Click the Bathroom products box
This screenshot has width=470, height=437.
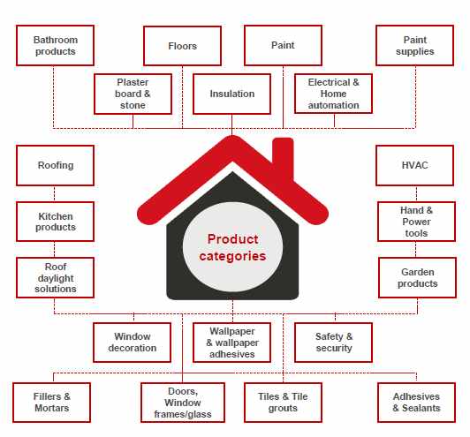point(55,46)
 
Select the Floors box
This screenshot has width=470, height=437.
point(182,46)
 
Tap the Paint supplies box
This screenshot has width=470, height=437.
point(415,46)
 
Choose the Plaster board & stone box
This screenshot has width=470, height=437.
point(133,94)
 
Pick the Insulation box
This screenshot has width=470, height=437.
point(232,94)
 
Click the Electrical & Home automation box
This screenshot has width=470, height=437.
point(334,94)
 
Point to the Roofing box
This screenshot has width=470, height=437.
point(55,166)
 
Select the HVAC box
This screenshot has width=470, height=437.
point(415,166)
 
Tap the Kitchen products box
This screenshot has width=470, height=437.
point(55,222)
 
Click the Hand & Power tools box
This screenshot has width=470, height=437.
point(417,222)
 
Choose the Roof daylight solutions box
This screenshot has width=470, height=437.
point(55,278)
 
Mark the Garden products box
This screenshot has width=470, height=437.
point(418,278)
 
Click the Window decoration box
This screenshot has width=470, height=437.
point(133,343)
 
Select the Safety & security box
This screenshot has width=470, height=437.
point(334,343)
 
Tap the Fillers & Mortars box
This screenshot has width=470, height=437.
point(51,403)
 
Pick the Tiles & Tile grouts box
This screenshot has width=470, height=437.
point(284,403)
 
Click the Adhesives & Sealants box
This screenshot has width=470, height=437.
point(417,403)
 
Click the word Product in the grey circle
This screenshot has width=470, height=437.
point(232,239)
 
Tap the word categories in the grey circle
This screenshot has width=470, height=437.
point(232,256)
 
